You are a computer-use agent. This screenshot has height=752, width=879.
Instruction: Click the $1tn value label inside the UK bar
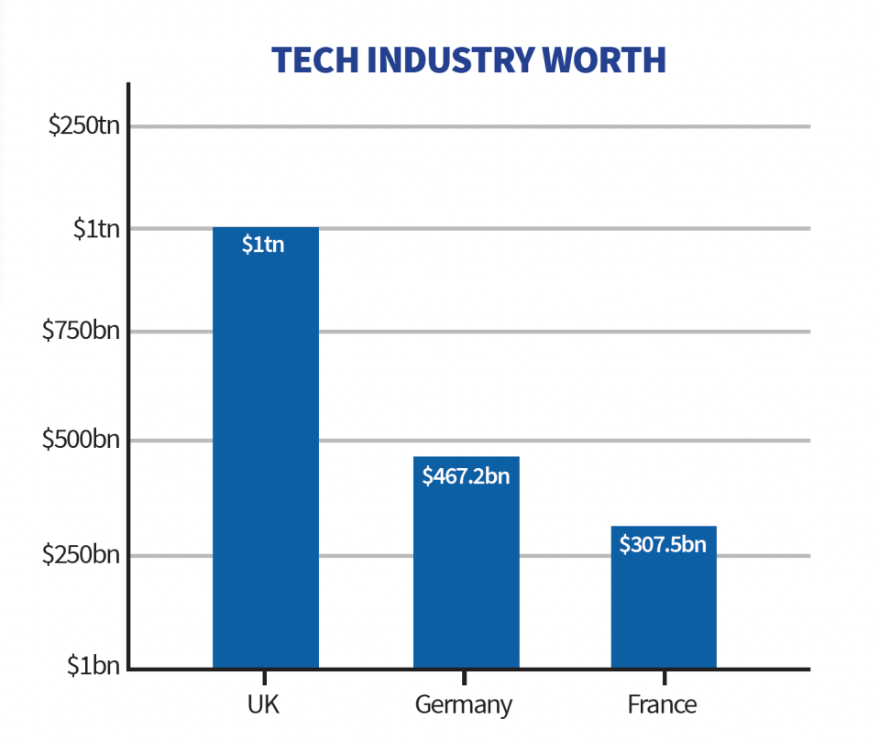coord(263,245)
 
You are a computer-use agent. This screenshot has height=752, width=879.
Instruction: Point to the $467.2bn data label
coord(465,475)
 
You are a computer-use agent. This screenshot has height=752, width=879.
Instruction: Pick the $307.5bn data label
coord(663,544)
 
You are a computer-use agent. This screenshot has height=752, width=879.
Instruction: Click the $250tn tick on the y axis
coord(84,125)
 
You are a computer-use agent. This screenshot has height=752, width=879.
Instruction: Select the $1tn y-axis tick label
coord(96,228)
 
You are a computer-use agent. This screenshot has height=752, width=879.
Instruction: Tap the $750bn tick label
coord(82,331)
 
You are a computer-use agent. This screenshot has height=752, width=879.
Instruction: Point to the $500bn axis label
coord(82,440)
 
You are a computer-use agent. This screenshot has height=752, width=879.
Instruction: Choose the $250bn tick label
coord(82,555)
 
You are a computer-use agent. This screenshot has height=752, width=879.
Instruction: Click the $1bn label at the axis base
coord(93,666)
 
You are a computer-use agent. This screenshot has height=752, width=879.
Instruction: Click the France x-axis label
coord(662,705)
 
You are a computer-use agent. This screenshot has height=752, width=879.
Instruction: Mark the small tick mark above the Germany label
coord(465,678)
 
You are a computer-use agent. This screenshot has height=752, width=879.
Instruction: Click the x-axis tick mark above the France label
coord(663,678)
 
